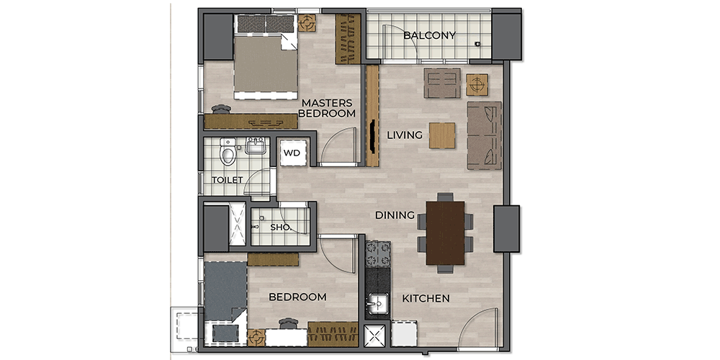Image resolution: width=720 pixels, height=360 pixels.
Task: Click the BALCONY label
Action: (429, 35)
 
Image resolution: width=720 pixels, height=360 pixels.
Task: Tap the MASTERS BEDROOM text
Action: (328, 108)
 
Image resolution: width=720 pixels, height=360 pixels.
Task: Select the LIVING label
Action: (404, 135)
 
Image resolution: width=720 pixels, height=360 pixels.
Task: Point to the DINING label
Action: (395, 215)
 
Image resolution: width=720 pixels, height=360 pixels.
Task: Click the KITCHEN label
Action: (426, 299)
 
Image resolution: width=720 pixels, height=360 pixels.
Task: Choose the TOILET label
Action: (228, 180)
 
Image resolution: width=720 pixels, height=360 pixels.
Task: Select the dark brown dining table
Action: (445, 233)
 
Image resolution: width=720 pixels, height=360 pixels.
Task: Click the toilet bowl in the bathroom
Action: (228, 151)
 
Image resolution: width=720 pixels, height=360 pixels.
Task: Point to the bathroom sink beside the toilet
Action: (256, 146)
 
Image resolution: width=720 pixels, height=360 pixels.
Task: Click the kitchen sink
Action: (377, 303)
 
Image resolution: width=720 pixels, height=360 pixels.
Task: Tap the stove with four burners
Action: (378, 254)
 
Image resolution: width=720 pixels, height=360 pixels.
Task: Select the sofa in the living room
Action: (485, 135)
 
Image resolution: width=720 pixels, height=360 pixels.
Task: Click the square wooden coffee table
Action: (442, 135)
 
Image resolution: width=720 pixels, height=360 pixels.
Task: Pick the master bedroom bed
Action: (264, 57)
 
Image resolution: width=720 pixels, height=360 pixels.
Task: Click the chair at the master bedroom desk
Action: (221, 109)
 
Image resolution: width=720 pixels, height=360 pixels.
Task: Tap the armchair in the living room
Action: (442, 83)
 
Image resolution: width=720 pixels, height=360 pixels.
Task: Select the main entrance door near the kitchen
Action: (478, 327)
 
